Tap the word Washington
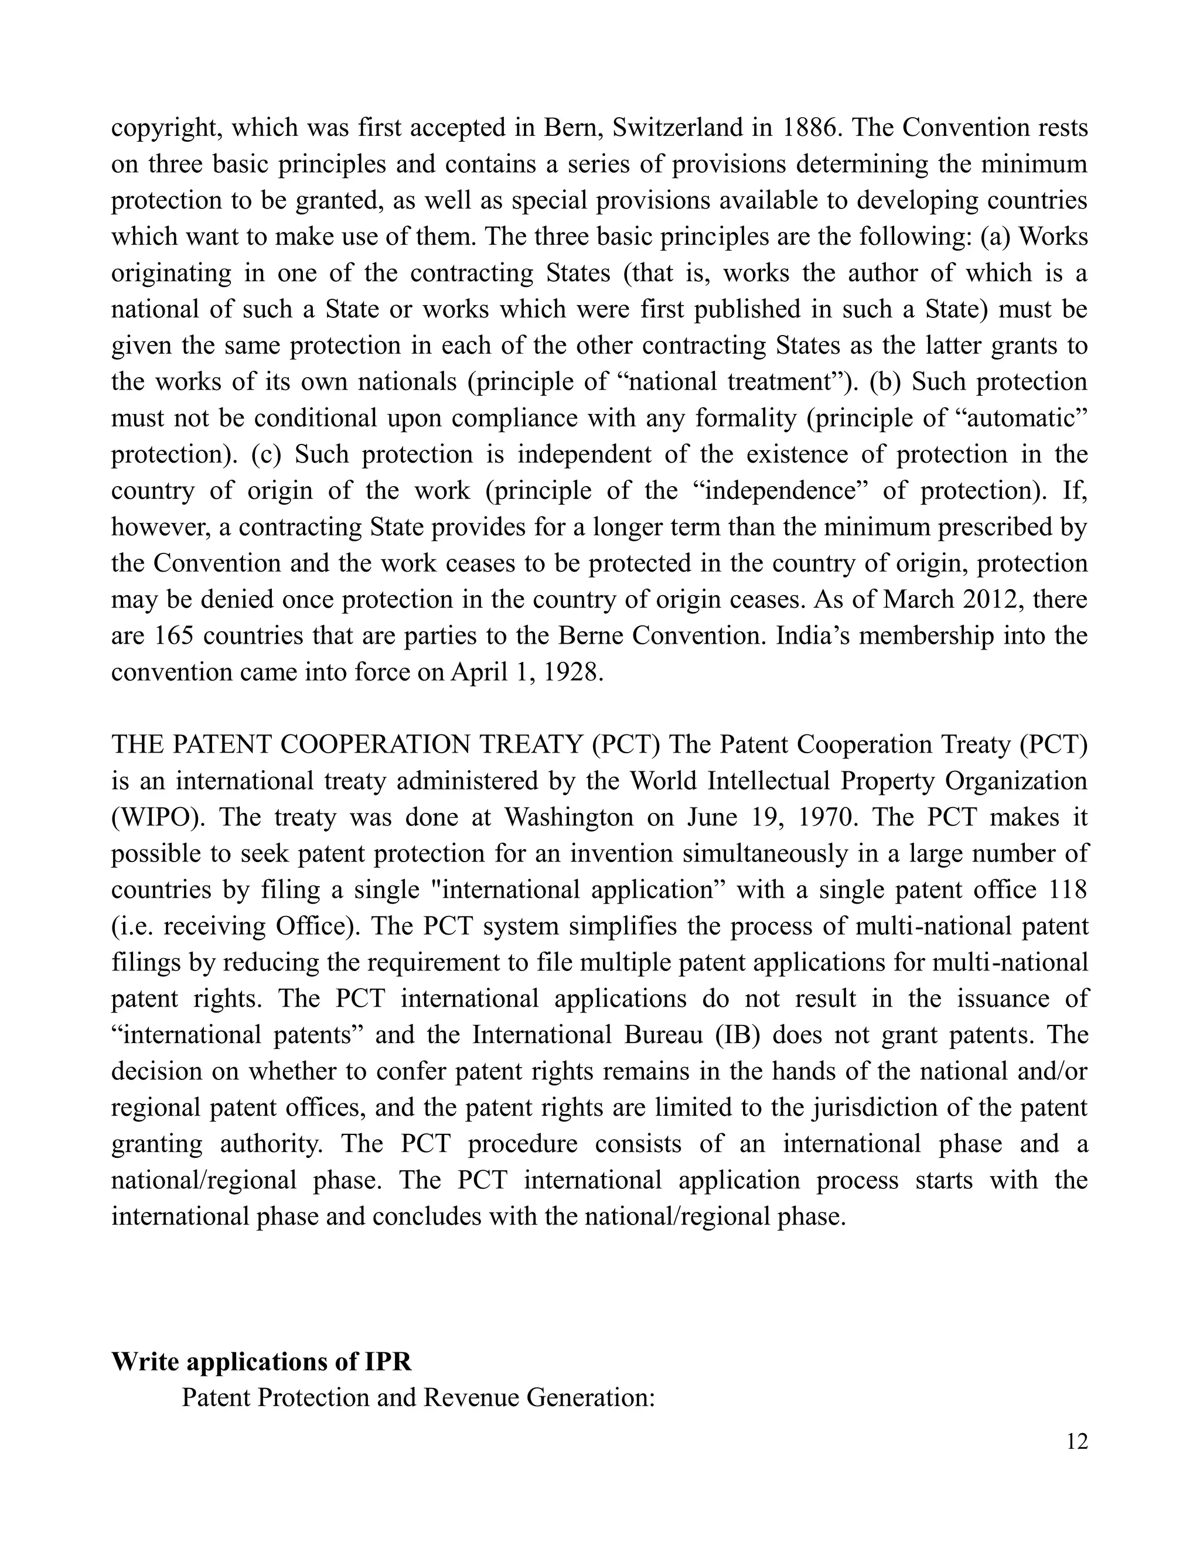click(x=569, y=817)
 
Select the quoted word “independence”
click(x=779, y=491)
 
